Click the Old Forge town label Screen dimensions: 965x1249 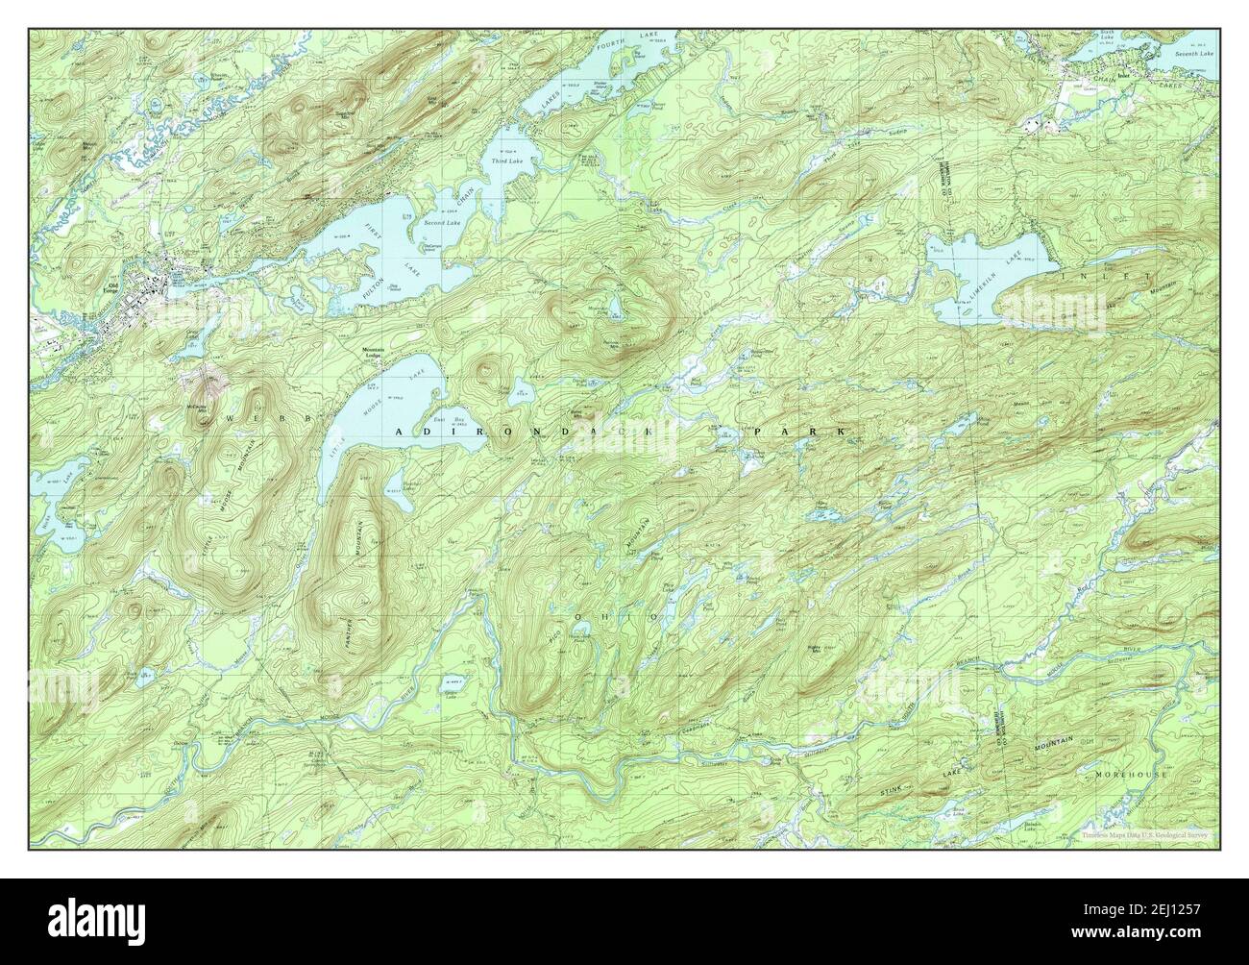coord(145,285)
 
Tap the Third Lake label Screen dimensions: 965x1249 coord(505,161)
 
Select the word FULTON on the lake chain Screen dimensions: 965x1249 coord(374,283)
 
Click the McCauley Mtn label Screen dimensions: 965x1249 coord(197,408)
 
